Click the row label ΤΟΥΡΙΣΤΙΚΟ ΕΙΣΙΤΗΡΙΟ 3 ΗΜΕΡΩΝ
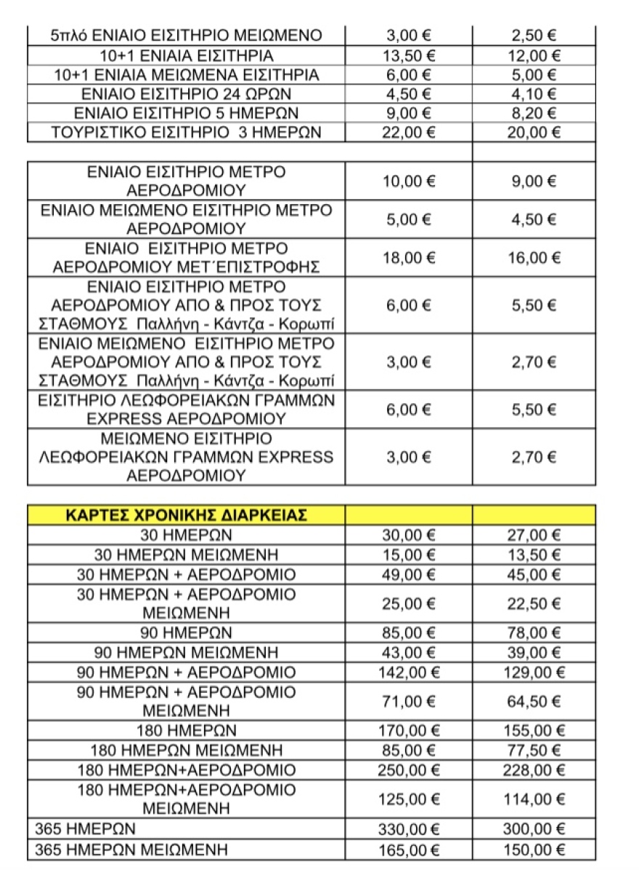(186, 132)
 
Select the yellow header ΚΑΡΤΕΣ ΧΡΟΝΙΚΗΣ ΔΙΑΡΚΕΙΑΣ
(186, 515)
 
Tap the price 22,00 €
(408, 132)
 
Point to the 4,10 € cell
(534, 94)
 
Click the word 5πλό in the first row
(69, 36)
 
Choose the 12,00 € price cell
(534, 55)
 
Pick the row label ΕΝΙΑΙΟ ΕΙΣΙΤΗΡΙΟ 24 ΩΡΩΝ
(186, 94)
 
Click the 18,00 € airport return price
(408, 257)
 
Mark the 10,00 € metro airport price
(408, 181)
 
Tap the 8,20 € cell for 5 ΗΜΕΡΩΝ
(534, 113)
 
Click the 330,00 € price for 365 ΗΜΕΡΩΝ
(408, 829)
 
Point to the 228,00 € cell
(534, 770)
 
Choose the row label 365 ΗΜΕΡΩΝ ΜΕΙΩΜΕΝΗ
(131, 849)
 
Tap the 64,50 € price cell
(534, 702)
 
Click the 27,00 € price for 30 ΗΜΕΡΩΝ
(534, 535)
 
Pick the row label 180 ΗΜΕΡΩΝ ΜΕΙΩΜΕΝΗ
(186, 750)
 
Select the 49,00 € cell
(408, 574)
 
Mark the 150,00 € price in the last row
(534, 849)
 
